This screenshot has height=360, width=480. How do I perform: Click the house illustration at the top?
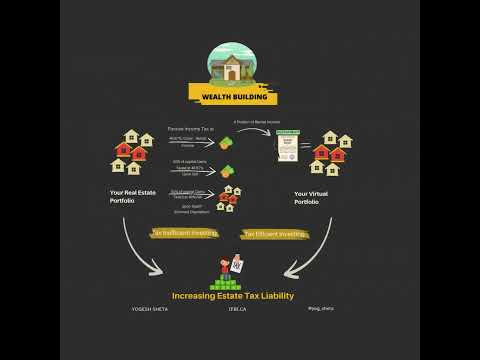pos(231,65)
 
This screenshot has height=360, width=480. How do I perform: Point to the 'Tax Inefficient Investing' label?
pos(184,232)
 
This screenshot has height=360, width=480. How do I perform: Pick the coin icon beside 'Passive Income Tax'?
pos(228,141)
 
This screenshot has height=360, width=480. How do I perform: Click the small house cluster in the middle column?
pos(229,201)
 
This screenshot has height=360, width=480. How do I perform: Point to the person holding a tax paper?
pos(232,266)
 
